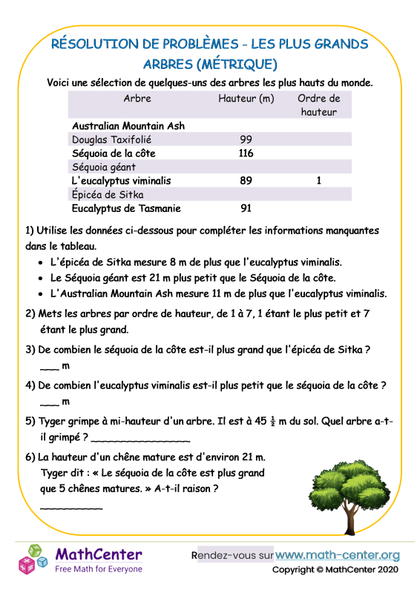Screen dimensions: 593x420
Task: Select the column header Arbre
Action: (x=137, y=99)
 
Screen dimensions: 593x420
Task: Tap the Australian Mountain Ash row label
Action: (x=128, y=126)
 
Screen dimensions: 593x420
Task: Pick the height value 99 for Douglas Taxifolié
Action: (x=247, y=139)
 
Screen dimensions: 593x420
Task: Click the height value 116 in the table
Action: (x=246, y=153)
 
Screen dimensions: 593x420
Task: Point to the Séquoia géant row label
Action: (x=104, y=168)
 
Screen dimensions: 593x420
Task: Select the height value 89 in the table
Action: (x=247, y=181)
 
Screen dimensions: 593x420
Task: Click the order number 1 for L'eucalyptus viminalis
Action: (x=319, y=181)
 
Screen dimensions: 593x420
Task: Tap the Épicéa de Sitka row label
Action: (x=108, y=195)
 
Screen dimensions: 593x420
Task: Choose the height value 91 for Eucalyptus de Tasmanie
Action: (x=247, y=209)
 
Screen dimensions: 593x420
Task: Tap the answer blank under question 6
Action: (x=70, y=507)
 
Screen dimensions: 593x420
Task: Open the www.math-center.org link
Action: (x=338, y=554)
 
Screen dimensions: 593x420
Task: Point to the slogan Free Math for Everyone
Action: (x=99, y=569)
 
